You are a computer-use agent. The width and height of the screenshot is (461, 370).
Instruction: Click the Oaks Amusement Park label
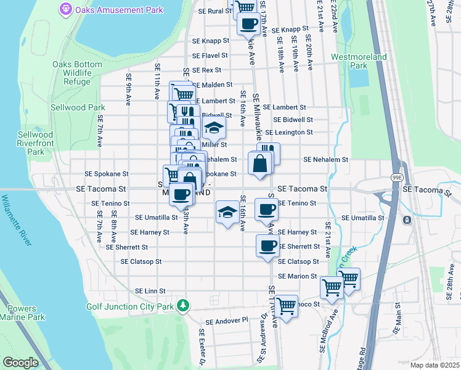tap(119, 10)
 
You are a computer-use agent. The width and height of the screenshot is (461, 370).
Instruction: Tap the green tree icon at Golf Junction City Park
tap(182, 305)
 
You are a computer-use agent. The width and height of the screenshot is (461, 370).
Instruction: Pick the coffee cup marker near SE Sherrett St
tap(267, 246)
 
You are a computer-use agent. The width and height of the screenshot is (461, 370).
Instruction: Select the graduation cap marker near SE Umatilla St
tap(227, 212)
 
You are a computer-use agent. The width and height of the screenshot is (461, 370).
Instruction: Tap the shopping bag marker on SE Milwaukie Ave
tap(260, 163)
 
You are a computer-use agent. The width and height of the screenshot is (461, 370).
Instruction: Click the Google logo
tap(20, 362)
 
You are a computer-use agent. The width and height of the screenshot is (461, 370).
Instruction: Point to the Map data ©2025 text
tap(434, 364)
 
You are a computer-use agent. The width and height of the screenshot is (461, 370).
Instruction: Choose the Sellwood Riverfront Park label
tap(31, 143)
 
